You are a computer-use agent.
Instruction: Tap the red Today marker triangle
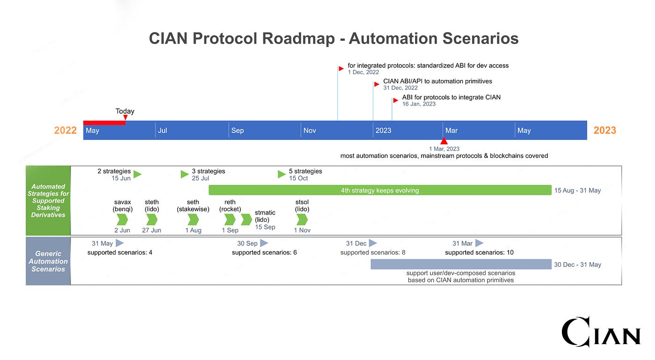[x=125, y=118]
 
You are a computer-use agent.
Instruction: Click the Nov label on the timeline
[x=309, y=131]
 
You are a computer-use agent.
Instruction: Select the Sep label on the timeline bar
[x=237, y=131]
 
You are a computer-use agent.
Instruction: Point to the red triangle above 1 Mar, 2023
[x=444, y=141]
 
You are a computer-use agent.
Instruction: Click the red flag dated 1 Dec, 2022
[x=341, y=69]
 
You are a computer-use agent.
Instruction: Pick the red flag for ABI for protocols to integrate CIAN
[x=396, y=100]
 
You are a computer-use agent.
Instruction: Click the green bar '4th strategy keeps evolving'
[x=380, y=190]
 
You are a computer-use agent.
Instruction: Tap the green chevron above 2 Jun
[x=122, y=220]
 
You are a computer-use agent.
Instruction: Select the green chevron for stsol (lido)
[x=302, y=220]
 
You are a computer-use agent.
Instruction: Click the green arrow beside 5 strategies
[x=282, y=174]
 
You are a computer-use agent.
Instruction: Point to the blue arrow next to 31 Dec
[x=373, y=243]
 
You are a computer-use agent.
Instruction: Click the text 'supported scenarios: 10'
[x=479, y=252]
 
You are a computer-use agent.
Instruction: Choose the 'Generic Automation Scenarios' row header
[x=48, y=261]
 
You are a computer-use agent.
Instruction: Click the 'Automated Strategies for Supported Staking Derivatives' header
[x=48, y=200]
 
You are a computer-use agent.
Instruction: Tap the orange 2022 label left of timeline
[x=65, y=131]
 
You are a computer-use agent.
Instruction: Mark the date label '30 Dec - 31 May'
[x=577, y=264]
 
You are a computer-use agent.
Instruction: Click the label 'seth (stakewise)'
[x=193, y=206]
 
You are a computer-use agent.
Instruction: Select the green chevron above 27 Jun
[x=152, y=220]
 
